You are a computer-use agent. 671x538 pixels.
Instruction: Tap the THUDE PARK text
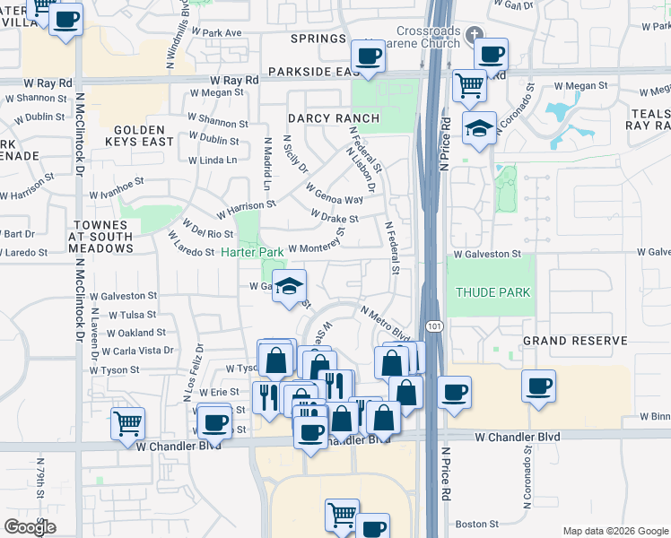[x=492, y=292]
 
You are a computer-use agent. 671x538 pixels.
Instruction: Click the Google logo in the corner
[x=30, y=526]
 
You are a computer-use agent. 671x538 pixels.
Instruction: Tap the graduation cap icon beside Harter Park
[x=289, y=287]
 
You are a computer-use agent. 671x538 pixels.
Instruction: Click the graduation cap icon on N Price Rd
[x=480, y=128]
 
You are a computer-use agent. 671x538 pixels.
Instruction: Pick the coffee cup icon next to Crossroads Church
[x=492, y=55]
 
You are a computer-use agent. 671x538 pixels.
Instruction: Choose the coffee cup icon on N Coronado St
[x=538, y=386]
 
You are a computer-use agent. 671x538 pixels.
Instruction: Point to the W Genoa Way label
[x=334, y=195]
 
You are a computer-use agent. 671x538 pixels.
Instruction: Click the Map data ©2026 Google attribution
[x=614, y=531]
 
